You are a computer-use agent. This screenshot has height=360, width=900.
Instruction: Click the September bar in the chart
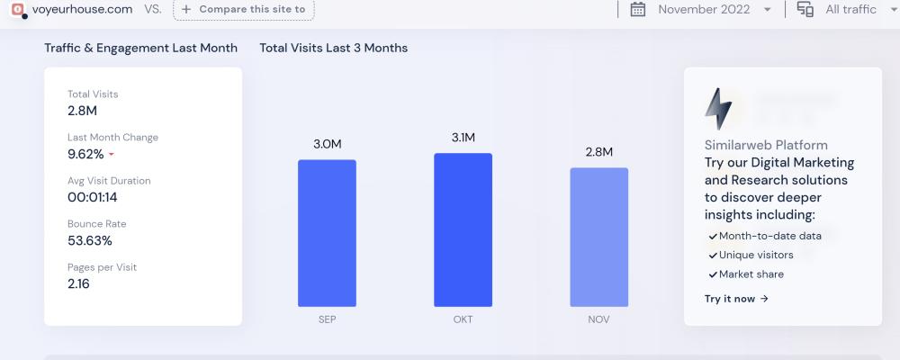point(327,233)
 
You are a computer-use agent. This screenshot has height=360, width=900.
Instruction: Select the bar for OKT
point(463,229)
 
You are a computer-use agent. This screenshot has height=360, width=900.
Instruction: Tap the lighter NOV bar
point(598,237)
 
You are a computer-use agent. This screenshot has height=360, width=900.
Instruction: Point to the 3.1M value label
point(463,138)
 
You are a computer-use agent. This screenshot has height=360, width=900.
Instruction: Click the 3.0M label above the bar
point(327,144)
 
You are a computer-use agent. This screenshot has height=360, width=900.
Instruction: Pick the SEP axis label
point(327,319)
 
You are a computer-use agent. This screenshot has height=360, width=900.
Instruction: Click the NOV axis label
point(598,319)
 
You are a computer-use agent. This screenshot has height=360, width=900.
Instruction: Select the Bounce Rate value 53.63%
point(90,240)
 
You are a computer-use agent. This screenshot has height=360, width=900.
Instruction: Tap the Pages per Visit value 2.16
point(78,283)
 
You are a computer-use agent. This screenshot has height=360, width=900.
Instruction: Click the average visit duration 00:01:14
point(93,197)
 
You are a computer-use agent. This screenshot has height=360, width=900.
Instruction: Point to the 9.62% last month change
point(85,154)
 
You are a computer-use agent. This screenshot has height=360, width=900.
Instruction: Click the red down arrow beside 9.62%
point(112,155)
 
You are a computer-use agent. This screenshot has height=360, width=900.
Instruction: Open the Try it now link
point(736,299)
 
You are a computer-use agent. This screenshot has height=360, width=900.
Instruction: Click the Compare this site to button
point(243,9)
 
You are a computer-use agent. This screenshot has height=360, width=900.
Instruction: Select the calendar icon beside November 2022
point(638,9)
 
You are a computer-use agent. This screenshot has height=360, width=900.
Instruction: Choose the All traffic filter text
point(850,9)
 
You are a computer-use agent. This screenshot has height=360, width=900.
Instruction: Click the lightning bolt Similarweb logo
point(718,110)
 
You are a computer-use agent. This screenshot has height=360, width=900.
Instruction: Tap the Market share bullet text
point(751,274)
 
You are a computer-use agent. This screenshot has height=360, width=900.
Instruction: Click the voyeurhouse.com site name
point(82,9)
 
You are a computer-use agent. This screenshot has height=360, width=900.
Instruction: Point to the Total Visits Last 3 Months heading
point(333,48)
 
